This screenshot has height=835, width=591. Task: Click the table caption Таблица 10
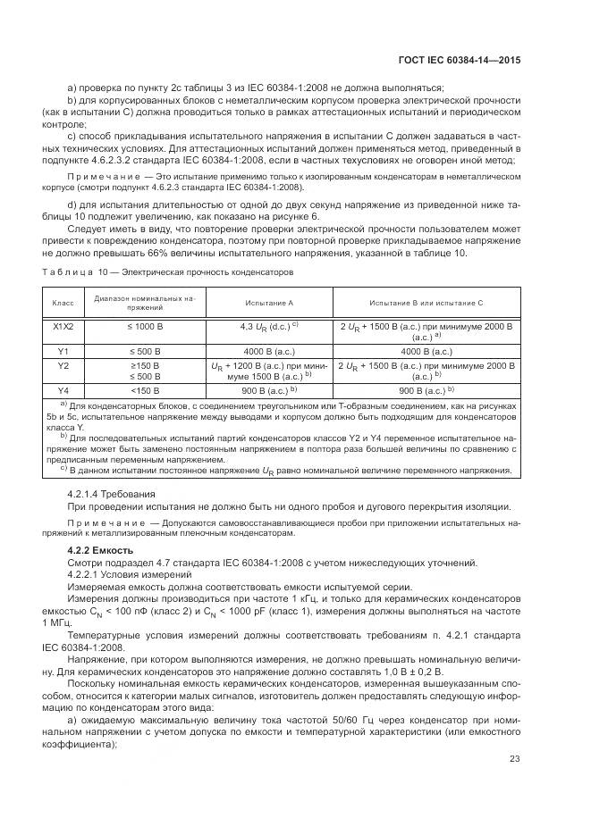64,271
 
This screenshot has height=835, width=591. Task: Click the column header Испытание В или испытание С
428,303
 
